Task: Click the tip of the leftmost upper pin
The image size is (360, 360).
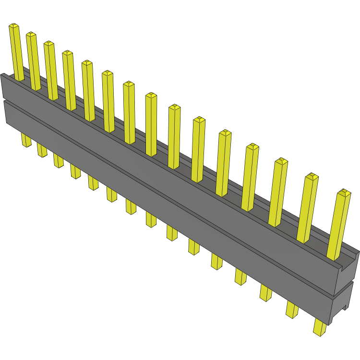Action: (x=14, y=25)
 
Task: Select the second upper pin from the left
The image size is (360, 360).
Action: (x=34, y=60)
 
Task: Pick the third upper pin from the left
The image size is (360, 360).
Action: (x=51, y=70)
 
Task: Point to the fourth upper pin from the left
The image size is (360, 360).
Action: (x=69, y=79)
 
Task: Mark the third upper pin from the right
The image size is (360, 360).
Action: (x=277, y=192)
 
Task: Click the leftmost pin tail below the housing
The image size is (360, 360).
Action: (x=26, y=140)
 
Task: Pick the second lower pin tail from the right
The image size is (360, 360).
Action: (x=292, y=309)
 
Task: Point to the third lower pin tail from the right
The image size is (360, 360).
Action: (x=266, y=292)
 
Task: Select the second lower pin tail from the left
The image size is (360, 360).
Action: (x=42, y=150)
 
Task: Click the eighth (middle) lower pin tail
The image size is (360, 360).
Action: (x=151, y=219)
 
